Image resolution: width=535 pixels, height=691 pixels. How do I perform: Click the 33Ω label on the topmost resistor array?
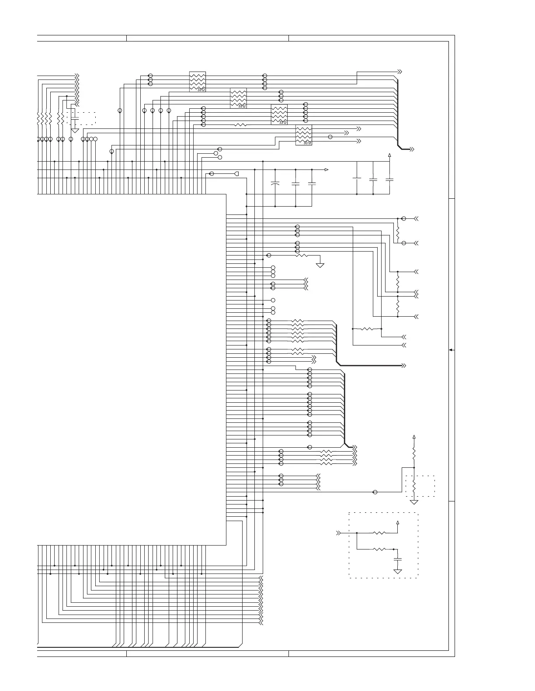click(201, 90)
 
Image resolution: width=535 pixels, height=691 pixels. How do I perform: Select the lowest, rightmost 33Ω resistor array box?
click(304, 135)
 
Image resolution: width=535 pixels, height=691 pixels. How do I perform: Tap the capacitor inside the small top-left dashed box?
click(75, 118)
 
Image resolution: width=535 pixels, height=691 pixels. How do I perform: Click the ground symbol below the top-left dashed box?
click(75, 130)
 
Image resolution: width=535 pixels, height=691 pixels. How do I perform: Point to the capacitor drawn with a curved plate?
click(275, 184)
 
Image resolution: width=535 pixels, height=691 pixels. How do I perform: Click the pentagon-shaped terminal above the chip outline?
click(236, 174)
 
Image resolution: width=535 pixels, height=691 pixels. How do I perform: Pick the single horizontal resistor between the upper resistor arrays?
click(240, 125)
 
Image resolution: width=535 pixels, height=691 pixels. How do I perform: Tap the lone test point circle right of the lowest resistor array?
click(330, 137)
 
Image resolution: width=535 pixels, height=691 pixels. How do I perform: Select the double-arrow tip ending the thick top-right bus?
click(411, 149)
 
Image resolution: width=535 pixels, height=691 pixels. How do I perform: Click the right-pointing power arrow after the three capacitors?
click(326, 169)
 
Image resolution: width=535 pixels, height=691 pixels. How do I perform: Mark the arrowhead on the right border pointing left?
click(451, 350)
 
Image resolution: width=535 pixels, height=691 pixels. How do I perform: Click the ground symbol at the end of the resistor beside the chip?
click(320, 265)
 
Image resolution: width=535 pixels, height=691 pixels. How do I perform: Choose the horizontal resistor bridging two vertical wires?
click(367, 328)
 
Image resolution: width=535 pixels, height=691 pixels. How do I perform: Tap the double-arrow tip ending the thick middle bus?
click(404, 365)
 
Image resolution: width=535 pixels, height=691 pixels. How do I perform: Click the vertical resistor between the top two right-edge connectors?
click(398, 231)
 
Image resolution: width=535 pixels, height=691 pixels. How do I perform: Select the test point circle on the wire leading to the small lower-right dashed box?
click(375, 492)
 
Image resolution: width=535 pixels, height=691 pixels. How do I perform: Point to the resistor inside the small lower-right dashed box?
click(414, 486)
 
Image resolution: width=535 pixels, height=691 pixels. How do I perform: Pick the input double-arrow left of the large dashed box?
click(338, 533)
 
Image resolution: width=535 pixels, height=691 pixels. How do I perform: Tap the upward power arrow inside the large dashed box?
click(398, 522)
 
